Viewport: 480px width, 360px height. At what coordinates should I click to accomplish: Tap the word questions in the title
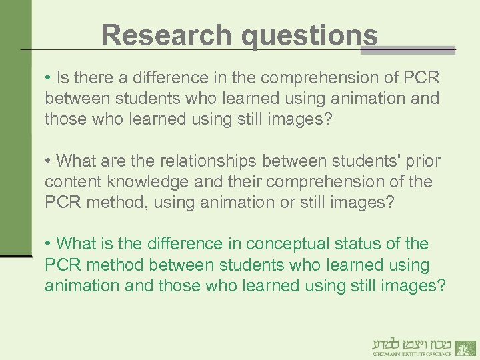click(x=310, y=35)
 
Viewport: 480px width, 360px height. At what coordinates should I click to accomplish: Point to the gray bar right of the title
click(x=417, y=50)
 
